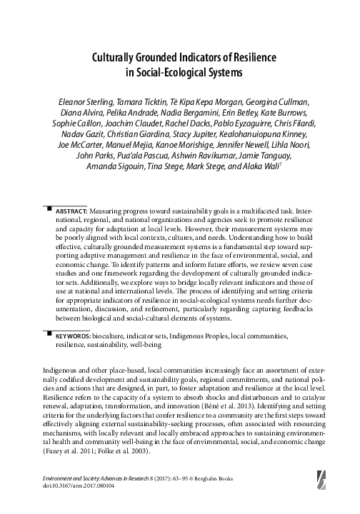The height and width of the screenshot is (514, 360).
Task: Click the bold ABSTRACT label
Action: click(71, 193)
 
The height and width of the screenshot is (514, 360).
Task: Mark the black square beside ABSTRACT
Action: click(48, 190)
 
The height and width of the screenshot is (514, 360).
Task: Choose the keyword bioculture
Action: click(107, 334)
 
